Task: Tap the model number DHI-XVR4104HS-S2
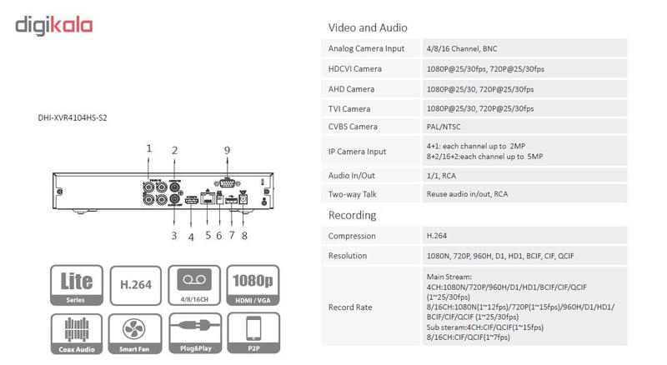pos(73,117)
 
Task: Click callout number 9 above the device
pos(226,149)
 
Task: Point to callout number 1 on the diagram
pos(149,148)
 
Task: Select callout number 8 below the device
pos(244,235)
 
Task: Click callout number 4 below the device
pos(190,236)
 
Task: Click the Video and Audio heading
pos(368,27)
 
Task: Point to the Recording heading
pos(353,215)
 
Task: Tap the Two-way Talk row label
pos(354,193)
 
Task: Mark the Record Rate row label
pos(351,307)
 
